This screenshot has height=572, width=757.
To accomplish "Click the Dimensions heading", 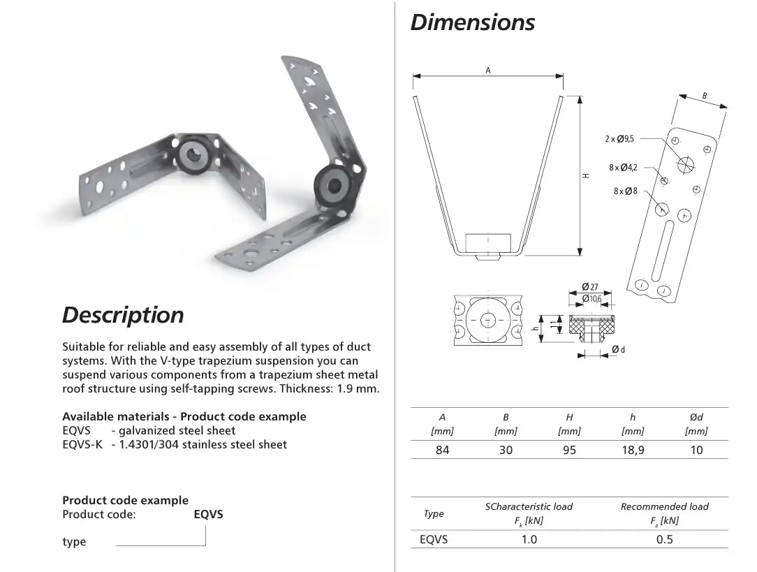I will [472, 22].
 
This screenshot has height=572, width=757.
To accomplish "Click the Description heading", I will [123, 315].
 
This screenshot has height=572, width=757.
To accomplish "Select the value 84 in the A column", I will [442, 450].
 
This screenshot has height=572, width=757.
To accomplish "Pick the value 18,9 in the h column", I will [633, 450].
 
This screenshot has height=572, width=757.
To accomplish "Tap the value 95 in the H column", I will [569, 450].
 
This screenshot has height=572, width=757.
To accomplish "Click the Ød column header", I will [696, 417].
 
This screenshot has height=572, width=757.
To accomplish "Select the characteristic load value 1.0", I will [529, 539].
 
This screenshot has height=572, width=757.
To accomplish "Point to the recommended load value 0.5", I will [664, 539].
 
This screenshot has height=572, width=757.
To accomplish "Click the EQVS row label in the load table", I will [434, 539].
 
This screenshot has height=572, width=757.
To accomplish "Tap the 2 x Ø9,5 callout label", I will [619, 139].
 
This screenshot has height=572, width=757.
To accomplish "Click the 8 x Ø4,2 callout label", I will [623, 168].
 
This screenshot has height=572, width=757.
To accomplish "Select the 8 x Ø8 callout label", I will [626, 191].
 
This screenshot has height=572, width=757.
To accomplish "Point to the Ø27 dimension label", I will [590, 286].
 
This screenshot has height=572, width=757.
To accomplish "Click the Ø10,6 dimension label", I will [592, 298].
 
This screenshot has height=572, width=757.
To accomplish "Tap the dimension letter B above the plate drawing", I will [705, 96].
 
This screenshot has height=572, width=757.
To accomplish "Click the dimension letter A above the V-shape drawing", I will [488, 70].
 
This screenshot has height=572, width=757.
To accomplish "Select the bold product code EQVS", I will [208, 515].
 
